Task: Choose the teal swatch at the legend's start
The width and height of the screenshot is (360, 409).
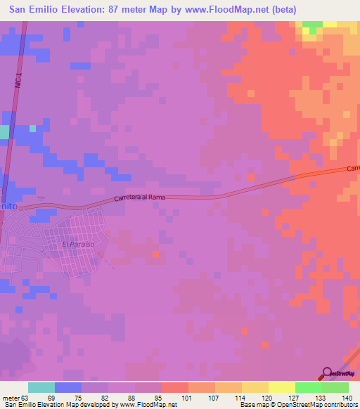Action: click(41, 387)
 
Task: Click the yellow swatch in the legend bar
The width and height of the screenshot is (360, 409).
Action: click(281, 387)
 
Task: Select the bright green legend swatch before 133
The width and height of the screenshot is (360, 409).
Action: click(308, 387)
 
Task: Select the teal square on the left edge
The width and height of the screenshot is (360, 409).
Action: click(4, 131)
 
